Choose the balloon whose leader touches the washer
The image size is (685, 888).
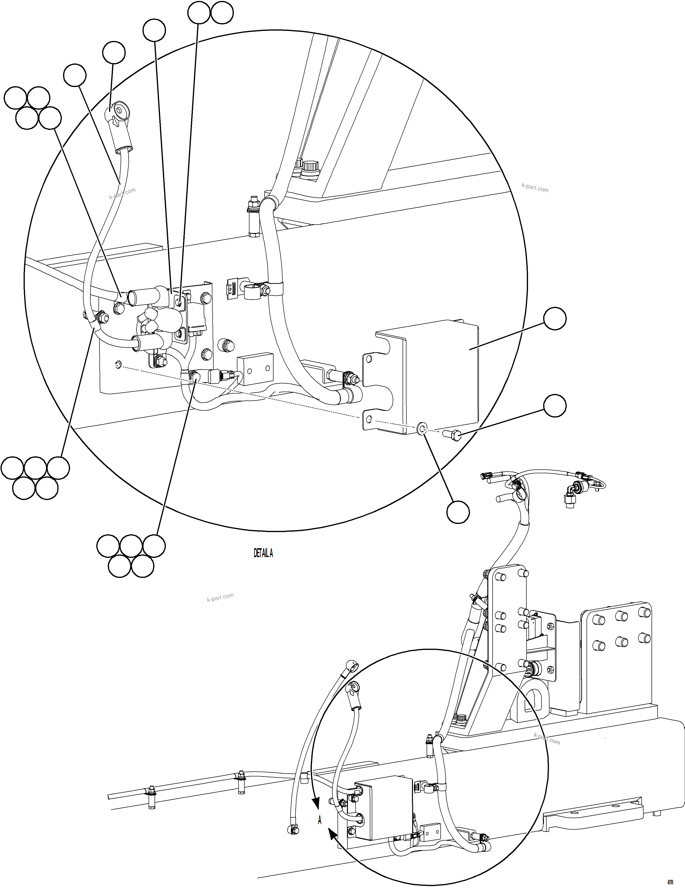pyautogui.click(x=458, y=512)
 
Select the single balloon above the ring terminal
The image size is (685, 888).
pyautogui.click(x=113, y=52)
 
